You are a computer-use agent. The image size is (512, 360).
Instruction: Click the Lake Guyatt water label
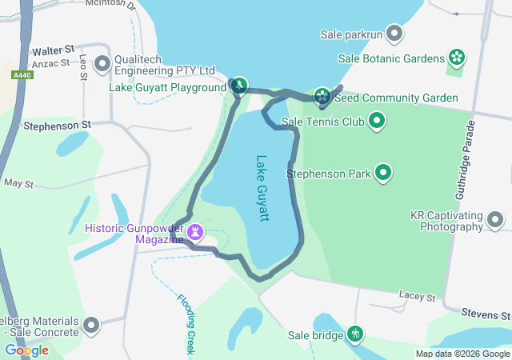pos(263,188)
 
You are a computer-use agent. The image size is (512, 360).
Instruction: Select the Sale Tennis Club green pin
pos(377,122)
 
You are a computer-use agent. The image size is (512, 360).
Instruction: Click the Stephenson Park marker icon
pos(383,172)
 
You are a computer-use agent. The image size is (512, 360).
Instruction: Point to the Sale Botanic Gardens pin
pos(457,58)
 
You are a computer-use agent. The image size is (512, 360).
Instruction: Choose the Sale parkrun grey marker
pos(394,34)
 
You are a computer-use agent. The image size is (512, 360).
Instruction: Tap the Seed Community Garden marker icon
pos(322,97)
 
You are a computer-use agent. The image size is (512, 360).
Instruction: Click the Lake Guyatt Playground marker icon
pos(238,86)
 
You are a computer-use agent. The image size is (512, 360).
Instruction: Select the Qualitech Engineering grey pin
pos(102,62)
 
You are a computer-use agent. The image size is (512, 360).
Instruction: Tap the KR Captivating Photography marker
pos(495,219)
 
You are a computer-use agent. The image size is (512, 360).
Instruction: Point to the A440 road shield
pos(22,74)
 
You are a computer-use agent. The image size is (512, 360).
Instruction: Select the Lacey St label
pos(417,297)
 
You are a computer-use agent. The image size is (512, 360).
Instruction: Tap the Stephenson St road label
pos(58,126)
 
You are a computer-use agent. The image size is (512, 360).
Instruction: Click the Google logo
pos(26,350)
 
